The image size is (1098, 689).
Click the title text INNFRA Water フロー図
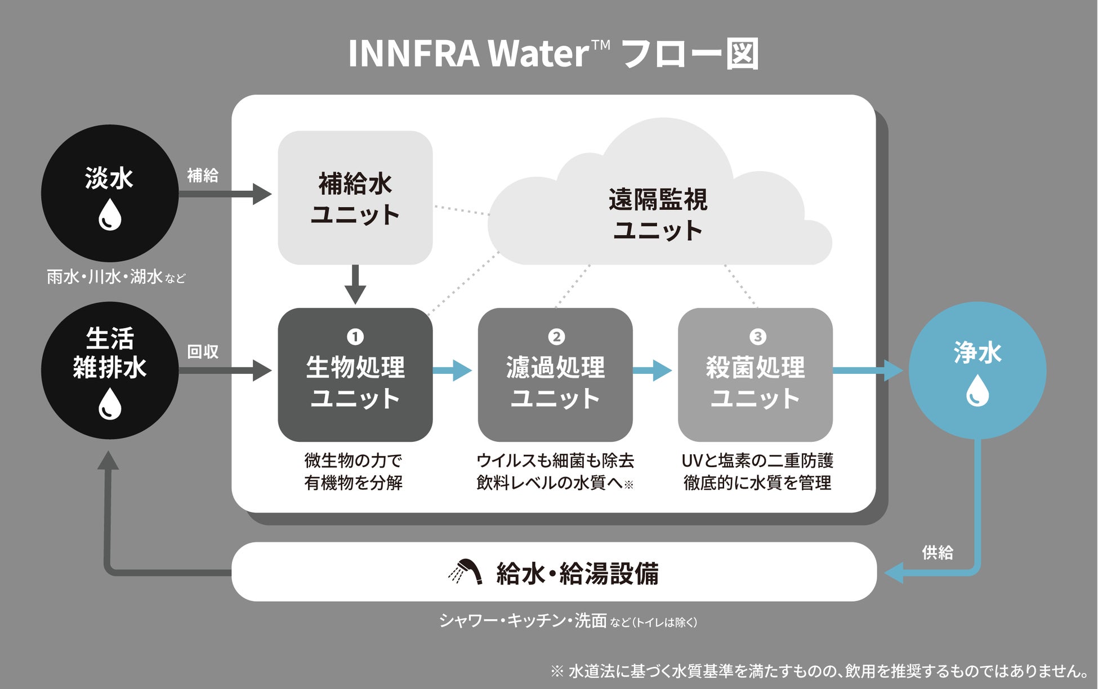click(553, 54)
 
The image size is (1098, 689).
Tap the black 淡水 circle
click(110, 193)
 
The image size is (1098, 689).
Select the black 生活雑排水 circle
click(110, 370)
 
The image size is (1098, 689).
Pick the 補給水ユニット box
click(355, 198)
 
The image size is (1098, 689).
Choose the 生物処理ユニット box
click(355, 375)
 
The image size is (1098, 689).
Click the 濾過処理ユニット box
click(555, 375)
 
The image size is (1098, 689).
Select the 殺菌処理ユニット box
click(755, 375)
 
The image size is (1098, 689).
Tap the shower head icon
click(466, 572)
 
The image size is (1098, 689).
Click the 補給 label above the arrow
click(203, 175)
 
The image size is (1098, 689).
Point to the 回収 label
click(203, 352)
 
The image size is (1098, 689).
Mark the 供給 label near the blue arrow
click(937, 552)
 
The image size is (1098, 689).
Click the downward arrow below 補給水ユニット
click(355, 284)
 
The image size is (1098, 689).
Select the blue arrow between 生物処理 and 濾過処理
click(453, 370)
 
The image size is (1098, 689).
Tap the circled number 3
click(757, 337)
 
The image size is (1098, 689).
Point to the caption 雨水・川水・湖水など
click(116, 277)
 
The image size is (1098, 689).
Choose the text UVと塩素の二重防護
click(757, 460)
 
